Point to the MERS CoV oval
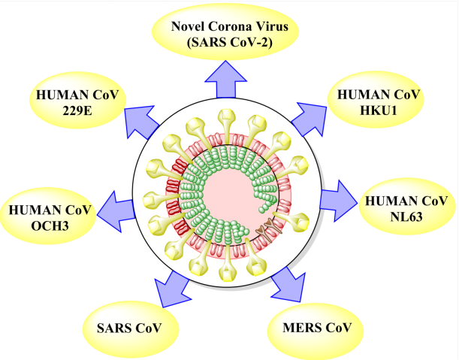[317, 328]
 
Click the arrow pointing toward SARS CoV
[171, 286]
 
